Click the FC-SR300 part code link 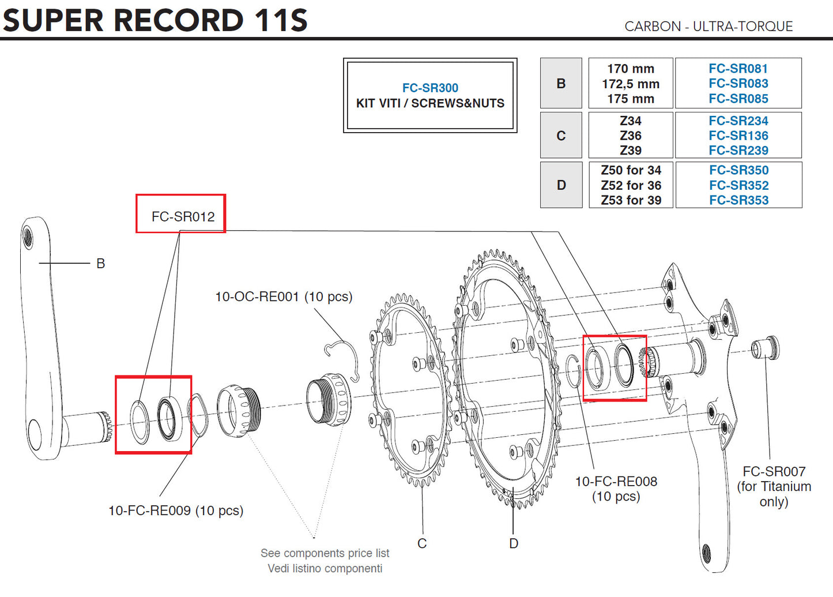(x=430, y=88)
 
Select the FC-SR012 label (x=183, y=216)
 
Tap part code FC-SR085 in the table (x=738, y=99)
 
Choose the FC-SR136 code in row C (x=738, y=136)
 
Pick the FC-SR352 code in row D (x=738, y=185)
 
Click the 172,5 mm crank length (x=630, y=84)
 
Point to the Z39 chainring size (x=630, y=150)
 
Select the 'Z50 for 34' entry (x=631, y=170)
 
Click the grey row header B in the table (x=561, y=83)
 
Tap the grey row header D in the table (x=561, y=185)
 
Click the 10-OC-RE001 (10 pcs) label (x=284, y=296)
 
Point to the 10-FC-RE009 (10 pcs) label (x=176, y=510)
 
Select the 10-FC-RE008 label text (x=616, y=482)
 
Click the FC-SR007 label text (x=774, y=471)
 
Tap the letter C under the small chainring (x=422, y=543)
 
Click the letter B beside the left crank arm (x=101, y=264)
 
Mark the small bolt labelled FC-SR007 (x=765, y=348)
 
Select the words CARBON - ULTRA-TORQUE (x=708, y=27)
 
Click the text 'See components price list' (x=325, y=553)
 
